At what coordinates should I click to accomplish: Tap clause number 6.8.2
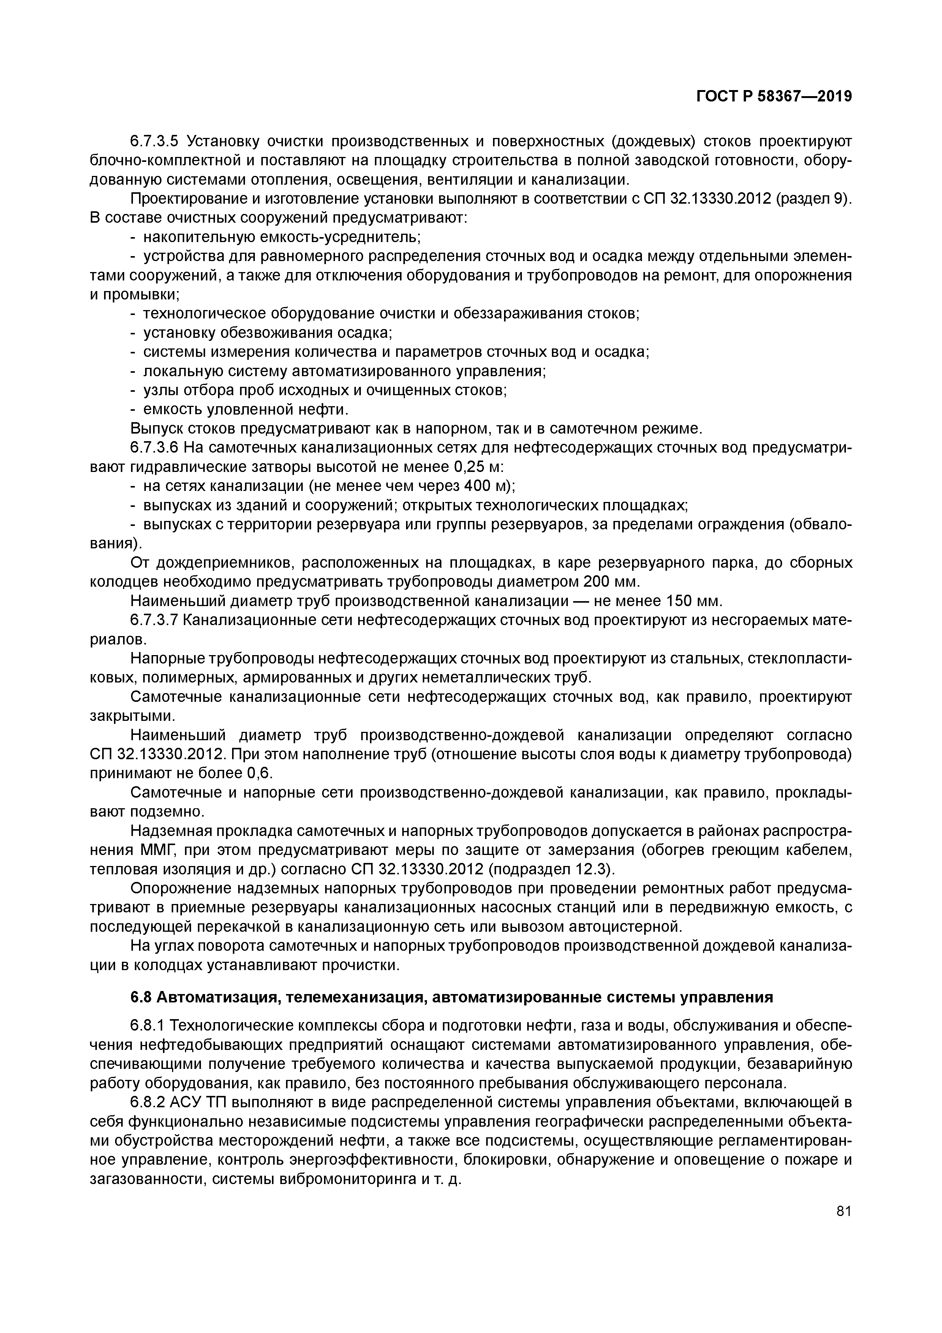(149, 1102)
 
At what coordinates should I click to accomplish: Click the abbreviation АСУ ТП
(198, 1102)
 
